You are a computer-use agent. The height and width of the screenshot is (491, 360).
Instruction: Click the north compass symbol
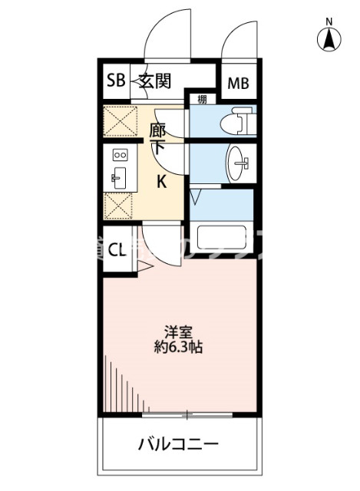[x=330, y=37]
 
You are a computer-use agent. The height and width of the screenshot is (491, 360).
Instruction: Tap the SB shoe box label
[x=115, y=80]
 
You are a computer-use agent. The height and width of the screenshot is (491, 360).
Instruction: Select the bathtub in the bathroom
[x=221, y=240]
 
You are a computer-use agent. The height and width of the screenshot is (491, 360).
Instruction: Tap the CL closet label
[x=117, y=249]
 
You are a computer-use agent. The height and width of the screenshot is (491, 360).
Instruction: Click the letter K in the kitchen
[x=162, y=182]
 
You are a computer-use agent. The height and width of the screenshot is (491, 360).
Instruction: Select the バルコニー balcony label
[x=178, y=444]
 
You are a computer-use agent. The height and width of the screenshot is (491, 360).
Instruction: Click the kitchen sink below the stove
[x=119, y=179]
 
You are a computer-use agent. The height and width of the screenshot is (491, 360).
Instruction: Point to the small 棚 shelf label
[x=201, y=99]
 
